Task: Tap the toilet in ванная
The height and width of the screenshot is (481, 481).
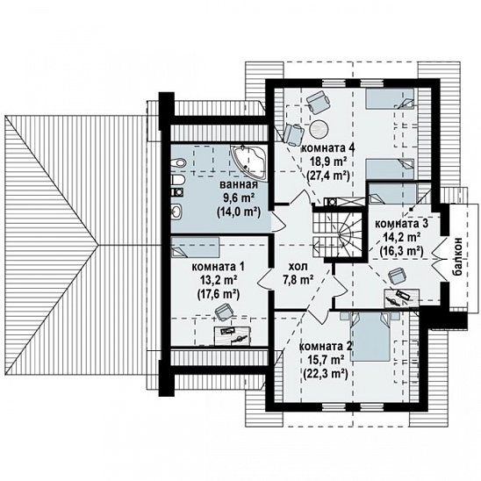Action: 178,162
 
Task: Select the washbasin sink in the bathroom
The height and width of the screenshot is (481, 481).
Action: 176,212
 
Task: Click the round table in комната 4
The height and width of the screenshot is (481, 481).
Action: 319,129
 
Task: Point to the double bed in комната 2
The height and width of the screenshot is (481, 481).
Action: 370,336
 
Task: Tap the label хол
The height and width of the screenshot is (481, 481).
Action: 298,267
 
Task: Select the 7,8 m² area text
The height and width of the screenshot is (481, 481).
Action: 298,280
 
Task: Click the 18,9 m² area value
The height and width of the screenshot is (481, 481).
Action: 328,162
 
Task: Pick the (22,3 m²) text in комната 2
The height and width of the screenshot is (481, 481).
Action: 326,373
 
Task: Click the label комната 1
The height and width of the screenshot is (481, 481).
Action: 218,267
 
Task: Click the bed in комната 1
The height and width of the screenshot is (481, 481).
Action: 195,247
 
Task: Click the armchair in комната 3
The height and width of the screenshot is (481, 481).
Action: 398,276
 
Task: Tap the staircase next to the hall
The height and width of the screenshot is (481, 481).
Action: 337,234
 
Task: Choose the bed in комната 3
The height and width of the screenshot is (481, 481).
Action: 393,194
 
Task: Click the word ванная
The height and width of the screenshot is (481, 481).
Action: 239,185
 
